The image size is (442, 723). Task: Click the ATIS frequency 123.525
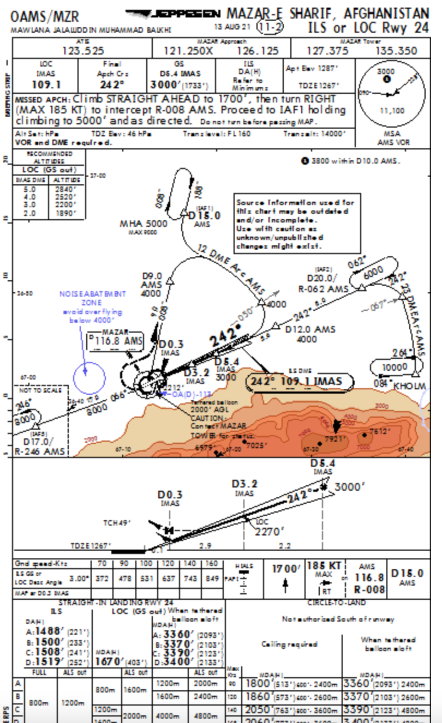tap(83, 51)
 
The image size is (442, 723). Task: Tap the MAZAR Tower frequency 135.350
tap(396, 51)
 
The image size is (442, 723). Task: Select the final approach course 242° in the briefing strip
tap(114, 85)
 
